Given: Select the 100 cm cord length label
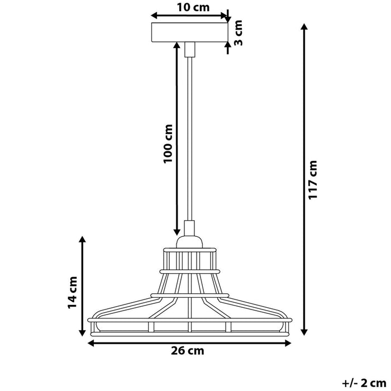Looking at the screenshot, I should coord(168,144).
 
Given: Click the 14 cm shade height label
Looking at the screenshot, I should coord(72,292).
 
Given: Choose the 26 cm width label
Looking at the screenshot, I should coord(188,351).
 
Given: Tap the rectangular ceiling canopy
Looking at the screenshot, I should coord(190,33).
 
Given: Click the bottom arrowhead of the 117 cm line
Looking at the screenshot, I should coord(304,333).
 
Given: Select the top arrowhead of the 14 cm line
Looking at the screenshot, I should coord(83,241).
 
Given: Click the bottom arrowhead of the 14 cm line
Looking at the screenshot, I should coord(83,333).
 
